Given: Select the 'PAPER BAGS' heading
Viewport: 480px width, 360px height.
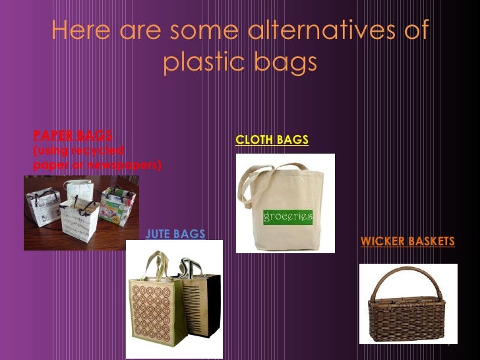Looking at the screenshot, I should (73, 135).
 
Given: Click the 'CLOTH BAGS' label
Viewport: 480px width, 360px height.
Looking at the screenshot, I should (272, 140).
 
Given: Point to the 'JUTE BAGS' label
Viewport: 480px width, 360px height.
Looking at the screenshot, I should (175, 233).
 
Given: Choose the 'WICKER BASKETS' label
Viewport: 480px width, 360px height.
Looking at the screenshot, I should (407, 241).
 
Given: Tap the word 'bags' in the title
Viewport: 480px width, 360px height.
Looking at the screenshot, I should (288, 64).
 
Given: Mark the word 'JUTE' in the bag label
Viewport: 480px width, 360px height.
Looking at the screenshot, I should (158, 233).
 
